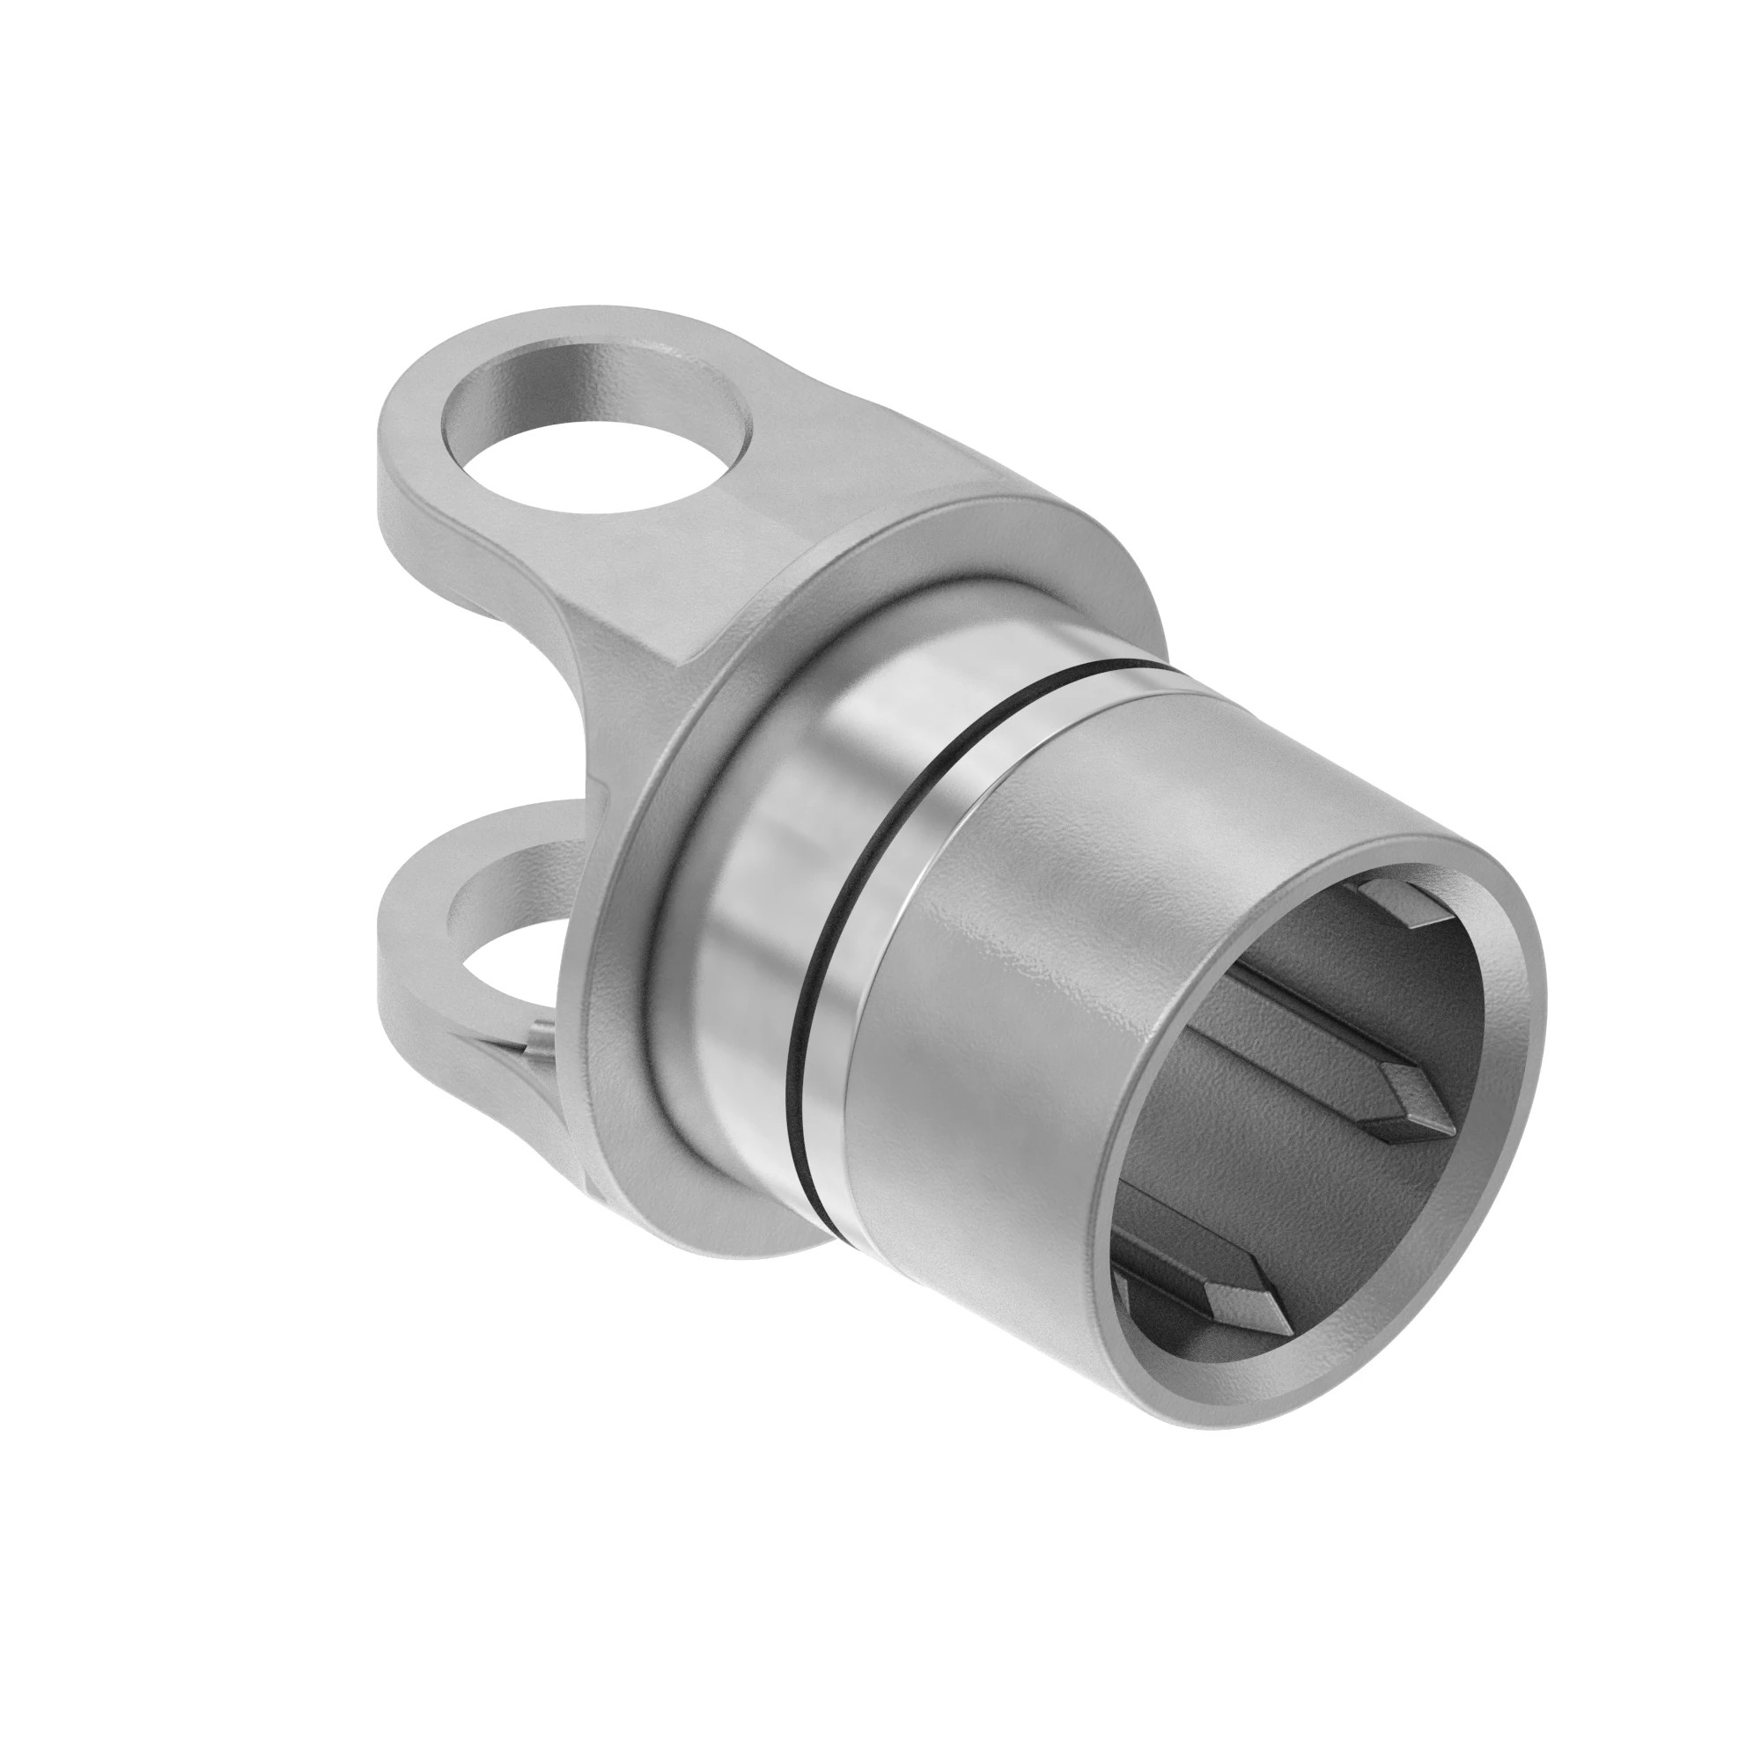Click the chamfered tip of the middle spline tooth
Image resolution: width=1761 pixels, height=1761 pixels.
(1413, 1108)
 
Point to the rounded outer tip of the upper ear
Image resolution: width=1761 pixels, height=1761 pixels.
(401, 429)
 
